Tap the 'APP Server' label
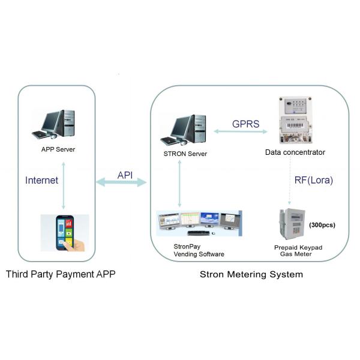point(58,149)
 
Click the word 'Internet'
point(41,179)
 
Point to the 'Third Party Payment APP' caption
point(60,275)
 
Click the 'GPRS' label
point(246,124)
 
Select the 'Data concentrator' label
point(295,152)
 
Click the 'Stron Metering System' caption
point(251,275)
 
